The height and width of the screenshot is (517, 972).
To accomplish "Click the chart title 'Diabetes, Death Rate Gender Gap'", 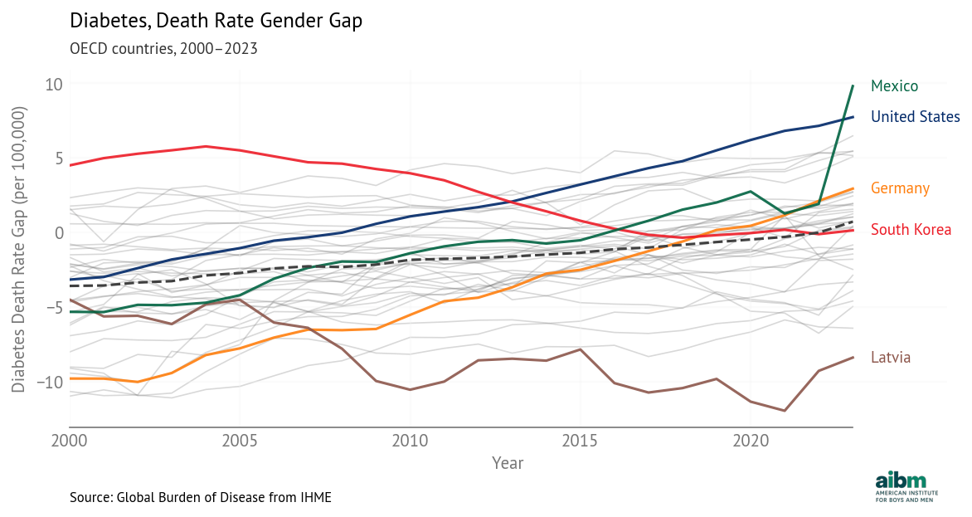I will (216, 22).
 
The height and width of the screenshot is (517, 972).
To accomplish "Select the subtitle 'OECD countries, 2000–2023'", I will (163, 48).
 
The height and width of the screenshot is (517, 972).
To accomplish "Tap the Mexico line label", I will (894, 86).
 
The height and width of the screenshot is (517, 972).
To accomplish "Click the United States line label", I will (915, 117).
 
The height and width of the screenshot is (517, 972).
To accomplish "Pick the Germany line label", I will (900, 188).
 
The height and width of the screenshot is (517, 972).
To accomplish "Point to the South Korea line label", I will (911, 230).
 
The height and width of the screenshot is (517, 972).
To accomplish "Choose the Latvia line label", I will (891, 358).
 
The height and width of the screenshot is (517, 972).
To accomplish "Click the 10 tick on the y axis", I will (54, 84).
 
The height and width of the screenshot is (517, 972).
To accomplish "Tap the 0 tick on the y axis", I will (59, 232).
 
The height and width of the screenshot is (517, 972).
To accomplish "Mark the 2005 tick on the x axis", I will (240, 439).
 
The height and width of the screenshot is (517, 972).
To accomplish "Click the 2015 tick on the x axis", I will (580, 439).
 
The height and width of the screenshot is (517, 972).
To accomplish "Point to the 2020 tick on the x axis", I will (750, 439).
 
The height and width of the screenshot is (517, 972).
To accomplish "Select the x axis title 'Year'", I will (507, 462).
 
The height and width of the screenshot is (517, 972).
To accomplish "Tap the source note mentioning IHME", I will (201, 497).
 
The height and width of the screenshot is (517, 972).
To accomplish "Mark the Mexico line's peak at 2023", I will (853, 85).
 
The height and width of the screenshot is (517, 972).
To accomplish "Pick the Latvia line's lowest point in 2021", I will (785, 411).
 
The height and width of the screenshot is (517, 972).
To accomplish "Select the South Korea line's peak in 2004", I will (206, 146).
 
